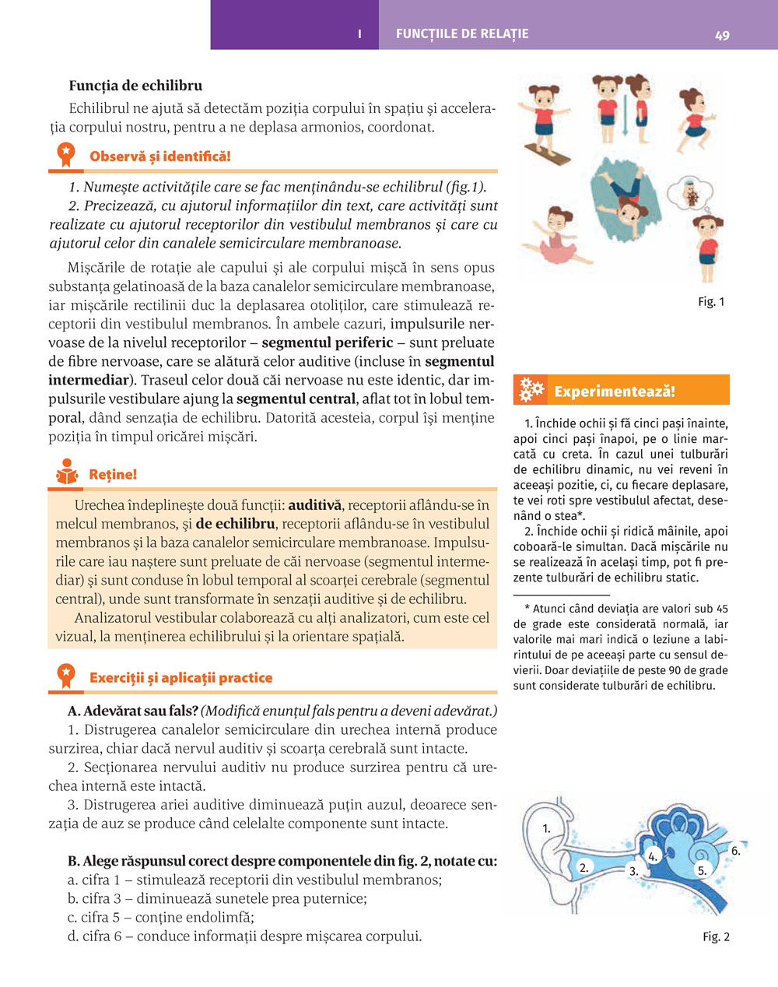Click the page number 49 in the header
tap(722, 35)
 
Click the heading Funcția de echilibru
tap(135, 86)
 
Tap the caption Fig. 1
tap(711, 302)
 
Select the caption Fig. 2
tap(716, 937)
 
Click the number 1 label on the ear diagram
tap(546, 829)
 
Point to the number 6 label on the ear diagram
tap(735, 851)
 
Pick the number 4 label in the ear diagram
tap(654, 856)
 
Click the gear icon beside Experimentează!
tap(531, 390)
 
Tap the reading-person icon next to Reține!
tap(67, 473)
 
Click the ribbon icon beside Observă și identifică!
tap(66, 156)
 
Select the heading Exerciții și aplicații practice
tap(180, 678)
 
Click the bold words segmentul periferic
tap(327, 342)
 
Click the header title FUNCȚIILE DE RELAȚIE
tap(462, 34)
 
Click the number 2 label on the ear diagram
tap(584, 866)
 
